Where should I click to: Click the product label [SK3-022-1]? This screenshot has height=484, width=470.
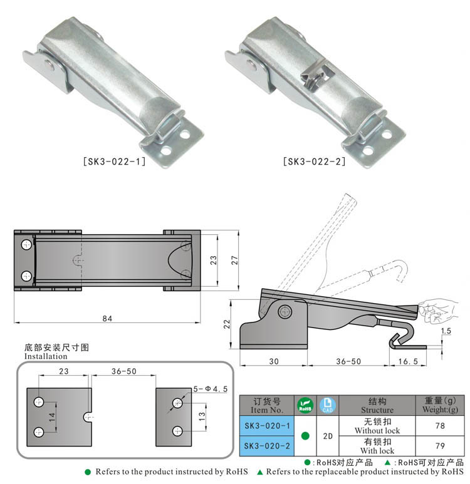pyautogui.click(x=114, y=162)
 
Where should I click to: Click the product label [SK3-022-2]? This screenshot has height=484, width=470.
pyautogui.click(x=314, y=162)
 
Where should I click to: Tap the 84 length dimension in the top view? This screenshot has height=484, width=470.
pyautogui.click(x=107, y=318)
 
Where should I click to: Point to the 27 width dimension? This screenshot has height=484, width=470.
pyautogui.click(x=235, y=260)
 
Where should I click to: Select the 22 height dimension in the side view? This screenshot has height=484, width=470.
pyautogui.click(x=227, y=324)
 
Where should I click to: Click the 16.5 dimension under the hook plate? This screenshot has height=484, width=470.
pyautogui.click(x=408, y=361)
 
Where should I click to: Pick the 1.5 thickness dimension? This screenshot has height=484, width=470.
pyautogui.click(x=446, y=331)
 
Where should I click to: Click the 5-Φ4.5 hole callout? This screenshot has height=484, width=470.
pyautogui.click(x=211, y=389)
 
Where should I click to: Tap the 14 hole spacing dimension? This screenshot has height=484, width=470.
pyautogui.click(x=52, y=417)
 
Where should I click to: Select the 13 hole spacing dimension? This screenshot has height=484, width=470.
pyautogui.click(x=202, y=417)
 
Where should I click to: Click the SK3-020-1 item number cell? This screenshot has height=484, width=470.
pyautogui.click(x=267, y=426)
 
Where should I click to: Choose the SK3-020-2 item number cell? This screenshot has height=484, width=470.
pyautogui.click(x=267, y=446)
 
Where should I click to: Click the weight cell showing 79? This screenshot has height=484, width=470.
pyautogui.click(x=440, y=446)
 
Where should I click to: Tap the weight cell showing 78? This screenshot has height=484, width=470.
pyautogui.click(x=440, y=426)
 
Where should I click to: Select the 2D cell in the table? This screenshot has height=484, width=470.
pyautogui.click(x=328, y=436)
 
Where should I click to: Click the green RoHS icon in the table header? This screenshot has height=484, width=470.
pyautogui.click(x=305, y=405)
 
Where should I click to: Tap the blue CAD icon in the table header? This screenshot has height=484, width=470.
pyautogui.click(x=328, y=405)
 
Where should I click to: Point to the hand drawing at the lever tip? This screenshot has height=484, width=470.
pyautogui.click(x=437, y=311)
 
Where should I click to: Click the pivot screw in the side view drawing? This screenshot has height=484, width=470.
pyautogui.click(x=285, y=311)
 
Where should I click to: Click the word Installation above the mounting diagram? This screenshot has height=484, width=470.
pyautogui.click(x=46, y=356)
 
